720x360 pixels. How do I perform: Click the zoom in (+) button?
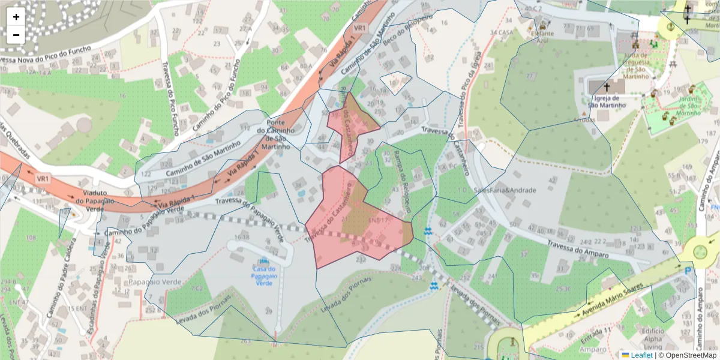(x=16, y=17)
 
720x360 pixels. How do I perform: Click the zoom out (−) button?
(x=16, y=35)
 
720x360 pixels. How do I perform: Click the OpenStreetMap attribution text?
(x=687, y=355)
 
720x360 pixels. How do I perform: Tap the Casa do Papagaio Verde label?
(x=263, y=276)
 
